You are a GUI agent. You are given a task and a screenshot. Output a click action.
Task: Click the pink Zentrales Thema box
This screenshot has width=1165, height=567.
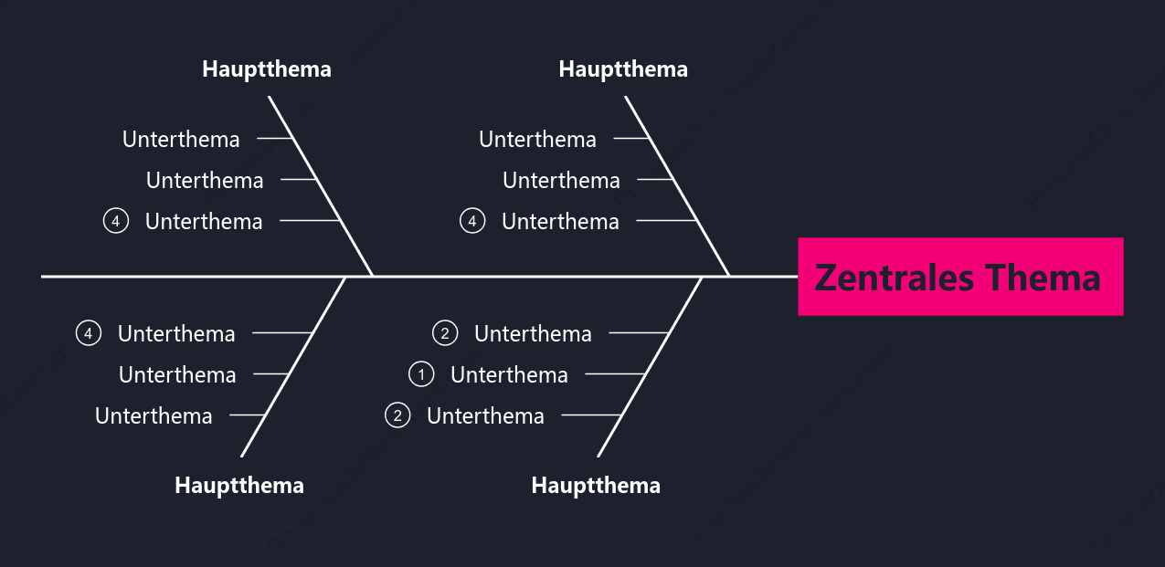(960, 277)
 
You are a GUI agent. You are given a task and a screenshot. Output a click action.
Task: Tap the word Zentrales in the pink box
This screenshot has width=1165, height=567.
(894, 278)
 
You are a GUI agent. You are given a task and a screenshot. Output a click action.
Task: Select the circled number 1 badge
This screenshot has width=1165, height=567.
(421, 374)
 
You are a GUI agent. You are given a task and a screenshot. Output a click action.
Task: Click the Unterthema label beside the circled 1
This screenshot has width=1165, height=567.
(509, 374)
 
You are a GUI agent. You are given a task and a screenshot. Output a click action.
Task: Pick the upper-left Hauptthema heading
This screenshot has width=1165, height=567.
(267, 69)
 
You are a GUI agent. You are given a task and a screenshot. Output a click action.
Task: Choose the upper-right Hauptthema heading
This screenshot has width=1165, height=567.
(623, 69)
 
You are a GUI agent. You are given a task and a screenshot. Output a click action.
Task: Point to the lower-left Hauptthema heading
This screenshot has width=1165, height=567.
(239, 486)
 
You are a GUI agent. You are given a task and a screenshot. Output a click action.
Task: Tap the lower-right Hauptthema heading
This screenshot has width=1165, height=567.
(596, 486)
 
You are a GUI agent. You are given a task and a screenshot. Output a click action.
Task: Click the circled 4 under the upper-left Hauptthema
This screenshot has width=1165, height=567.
(116, 221)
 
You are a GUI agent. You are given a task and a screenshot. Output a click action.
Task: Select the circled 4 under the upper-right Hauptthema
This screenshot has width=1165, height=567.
(472, 221)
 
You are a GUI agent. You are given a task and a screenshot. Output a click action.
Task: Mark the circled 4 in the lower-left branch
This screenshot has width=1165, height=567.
(89, 333)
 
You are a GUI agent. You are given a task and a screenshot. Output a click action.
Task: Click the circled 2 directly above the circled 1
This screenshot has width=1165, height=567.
(445, 333)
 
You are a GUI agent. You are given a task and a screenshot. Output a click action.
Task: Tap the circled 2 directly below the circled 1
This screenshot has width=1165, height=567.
(397, 415)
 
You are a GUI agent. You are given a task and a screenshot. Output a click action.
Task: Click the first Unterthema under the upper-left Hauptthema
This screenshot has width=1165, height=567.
(181, 140)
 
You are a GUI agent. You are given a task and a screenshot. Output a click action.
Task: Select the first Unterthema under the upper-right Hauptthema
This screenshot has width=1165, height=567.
(537, 140)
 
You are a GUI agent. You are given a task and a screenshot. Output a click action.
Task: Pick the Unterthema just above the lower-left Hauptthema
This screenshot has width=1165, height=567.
(154, 415)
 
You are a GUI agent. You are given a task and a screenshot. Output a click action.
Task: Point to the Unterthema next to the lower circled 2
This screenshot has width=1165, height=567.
(485, 415)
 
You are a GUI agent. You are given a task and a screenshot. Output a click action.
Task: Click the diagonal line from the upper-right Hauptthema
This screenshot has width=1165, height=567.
(677, 186)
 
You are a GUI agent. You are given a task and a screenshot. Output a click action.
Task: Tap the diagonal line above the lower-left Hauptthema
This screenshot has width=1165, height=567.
(293, 367)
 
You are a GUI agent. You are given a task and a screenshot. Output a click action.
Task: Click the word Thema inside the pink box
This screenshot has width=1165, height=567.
(1043, 278)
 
